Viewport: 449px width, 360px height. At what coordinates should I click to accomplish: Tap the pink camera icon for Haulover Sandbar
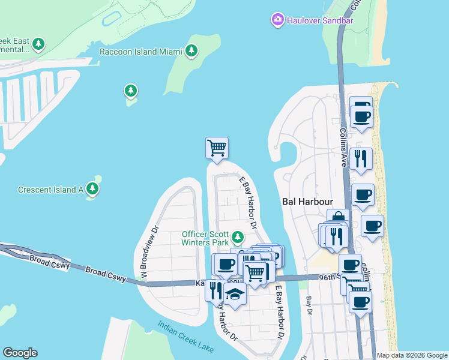click(x=278, y=20)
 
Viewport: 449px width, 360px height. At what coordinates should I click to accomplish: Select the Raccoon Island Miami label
click(x=140, y=52)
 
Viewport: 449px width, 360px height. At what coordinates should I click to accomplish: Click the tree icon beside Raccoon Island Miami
click(x=192, y=51)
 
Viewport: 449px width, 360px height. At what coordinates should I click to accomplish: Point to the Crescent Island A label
click(x=50, y=190)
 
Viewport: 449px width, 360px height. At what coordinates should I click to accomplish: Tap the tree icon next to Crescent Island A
click(x=92, y=189)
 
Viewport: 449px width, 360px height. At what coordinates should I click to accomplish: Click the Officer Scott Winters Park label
click(x=206, y=238)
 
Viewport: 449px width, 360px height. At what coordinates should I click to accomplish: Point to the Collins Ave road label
click(x=343, y=149)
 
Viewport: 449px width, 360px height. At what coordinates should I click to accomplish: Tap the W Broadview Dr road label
click(x=148, y=252)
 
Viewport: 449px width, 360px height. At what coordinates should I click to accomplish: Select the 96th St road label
click(x=329, y=277)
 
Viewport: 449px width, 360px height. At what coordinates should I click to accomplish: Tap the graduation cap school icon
click(x=235, y=295)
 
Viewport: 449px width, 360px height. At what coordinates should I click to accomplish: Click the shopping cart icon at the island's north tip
click(x=217, y=147)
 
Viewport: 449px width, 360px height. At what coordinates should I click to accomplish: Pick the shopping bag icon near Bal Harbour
click(x=338, y=218)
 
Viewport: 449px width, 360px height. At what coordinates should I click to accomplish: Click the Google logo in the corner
click(x=20, y=353)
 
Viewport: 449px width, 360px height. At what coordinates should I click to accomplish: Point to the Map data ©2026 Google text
click(x=411, y=355)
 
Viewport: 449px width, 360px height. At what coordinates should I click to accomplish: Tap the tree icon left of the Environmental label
click(x=39, y=44)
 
